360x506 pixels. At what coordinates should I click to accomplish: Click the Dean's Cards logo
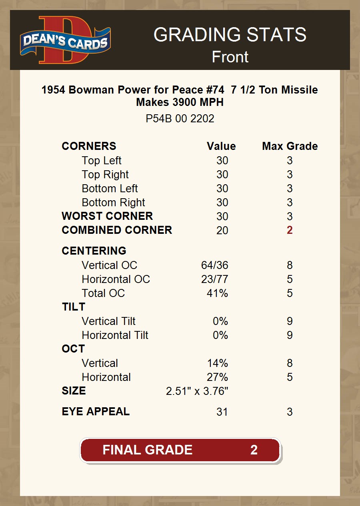(65, 40)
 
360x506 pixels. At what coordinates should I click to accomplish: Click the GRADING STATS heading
(230, 35)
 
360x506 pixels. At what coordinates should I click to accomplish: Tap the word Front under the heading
(230, 57)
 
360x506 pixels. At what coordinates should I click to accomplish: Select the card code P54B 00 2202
(180, 119)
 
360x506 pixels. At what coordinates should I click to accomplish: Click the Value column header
(221, 146)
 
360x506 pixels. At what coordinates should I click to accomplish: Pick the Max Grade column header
(290, 146)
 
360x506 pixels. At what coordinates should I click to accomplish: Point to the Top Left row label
(102, 161)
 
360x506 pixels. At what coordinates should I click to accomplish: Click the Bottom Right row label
(113, 203)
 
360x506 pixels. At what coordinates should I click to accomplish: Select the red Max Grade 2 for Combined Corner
(290, 230)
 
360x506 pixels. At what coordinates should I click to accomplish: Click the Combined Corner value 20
(222, 231)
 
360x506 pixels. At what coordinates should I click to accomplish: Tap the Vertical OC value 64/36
(215, 265)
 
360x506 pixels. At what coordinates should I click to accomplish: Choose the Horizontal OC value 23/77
(215, 279)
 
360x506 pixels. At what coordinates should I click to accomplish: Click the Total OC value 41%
(218, 293)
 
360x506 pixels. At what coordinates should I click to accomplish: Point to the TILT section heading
(73, 307)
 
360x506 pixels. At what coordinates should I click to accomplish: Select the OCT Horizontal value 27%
(218, 377)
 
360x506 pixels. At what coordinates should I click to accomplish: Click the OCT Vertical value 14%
(218, 363)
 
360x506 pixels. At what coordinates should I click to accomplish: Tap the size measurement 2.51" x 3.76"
(197, 391)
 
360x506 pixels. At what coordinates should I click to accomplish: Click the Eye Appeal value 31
(222, 412)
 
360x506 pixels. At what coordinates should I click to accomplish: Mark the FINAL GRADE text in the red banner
(148, 450)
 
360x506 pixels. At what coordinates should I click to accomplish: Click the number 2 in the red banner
(254, 450)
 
